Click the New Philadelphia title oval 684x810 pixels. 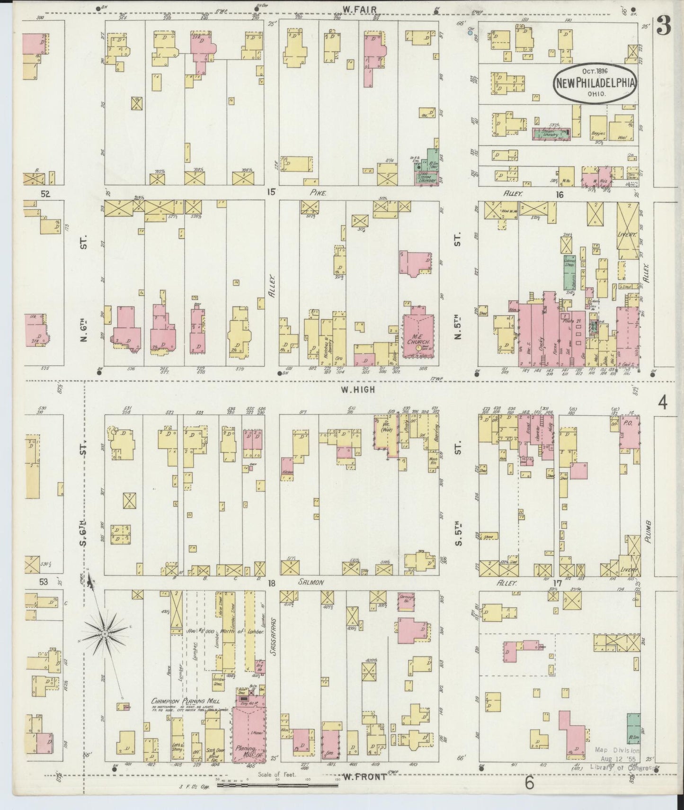(595, 83)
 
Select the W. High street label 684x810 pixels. (359, 389)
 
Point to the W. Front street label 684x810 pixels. (362, 776)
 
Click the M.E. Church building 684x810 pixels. (418, 337)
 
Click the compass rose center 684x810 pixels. (105, 633)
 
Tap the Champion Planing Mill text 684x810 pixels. (188, 701)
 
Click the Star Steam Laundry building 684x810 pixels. (427, 178)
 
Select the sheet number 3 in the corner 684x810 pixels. (663, 27)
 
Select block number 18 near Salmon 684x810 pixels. (271, 583)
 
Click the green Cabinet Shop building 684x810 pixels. (569, 272)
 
